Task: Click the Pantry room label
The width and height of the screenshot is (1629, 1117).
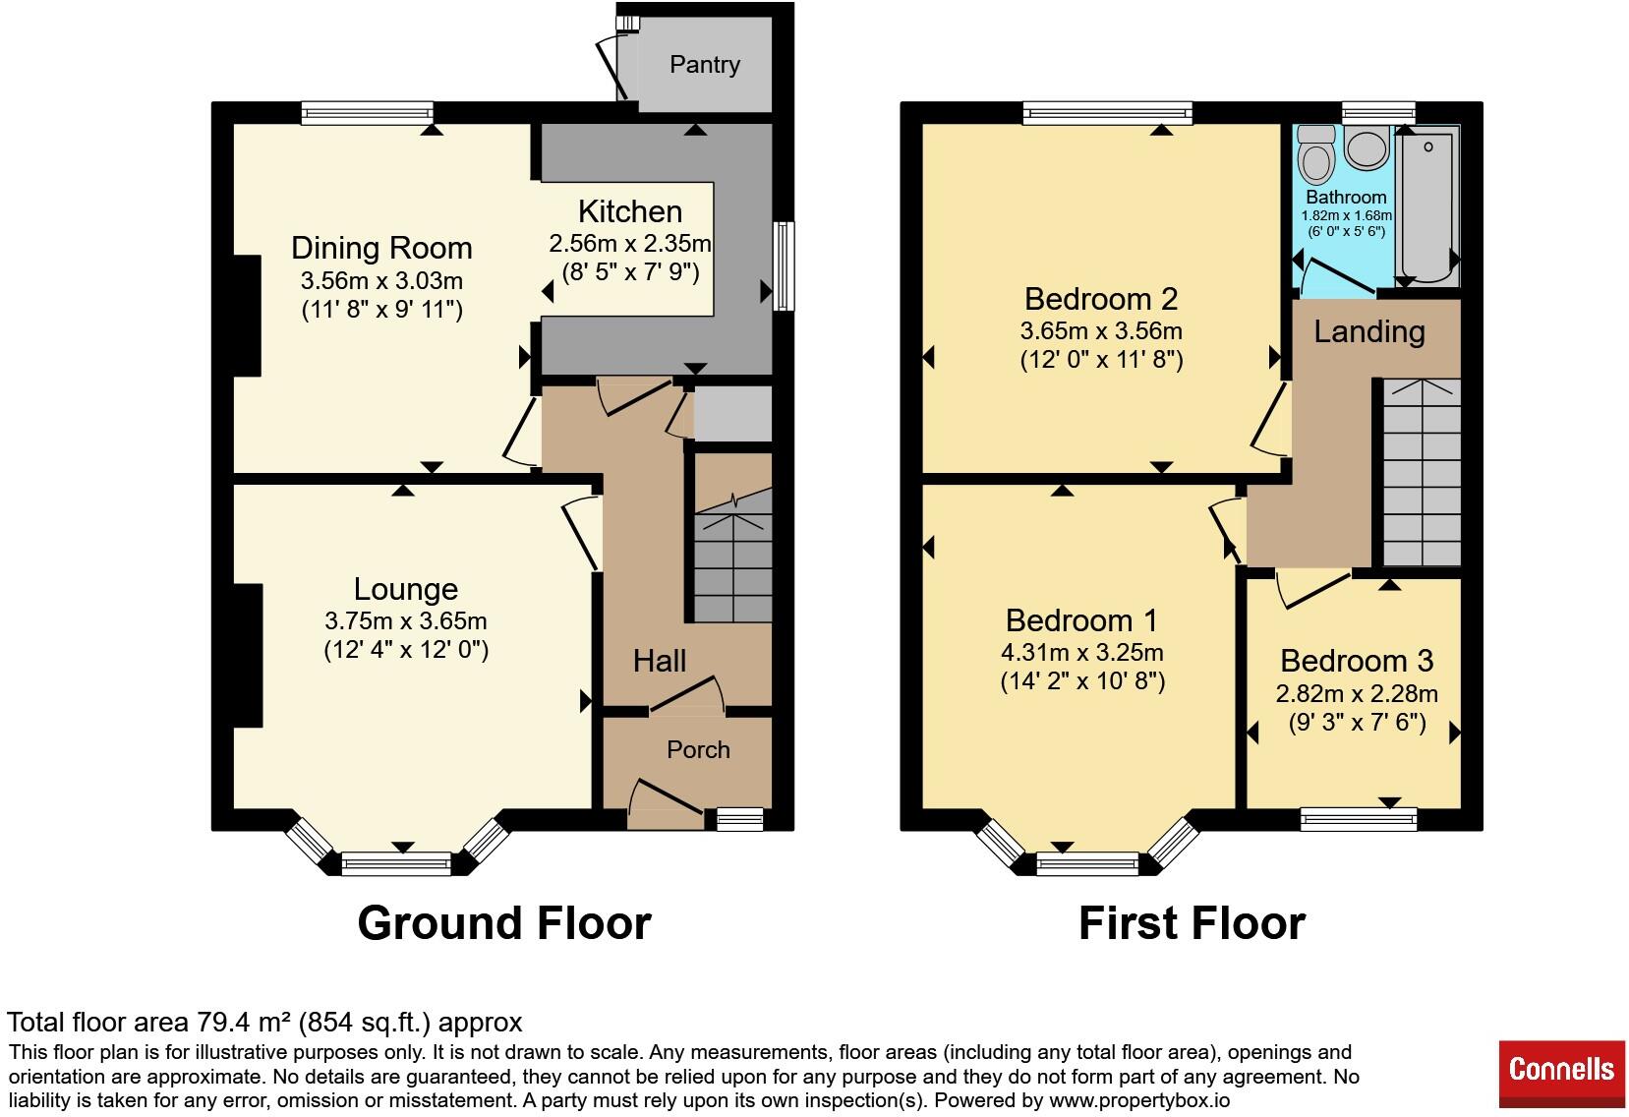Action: click(705, 65)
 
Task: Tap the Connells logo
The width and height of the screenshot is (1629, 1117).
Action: click(1561, 1068)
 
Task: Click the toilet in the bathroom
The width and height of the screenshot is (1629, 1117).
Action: click(1315, 154)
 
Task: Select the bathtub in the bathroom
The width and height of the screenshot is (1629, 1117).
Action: click(1426, 205)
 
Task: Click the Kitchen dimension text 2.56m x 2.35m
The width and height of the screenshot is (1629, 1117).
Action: click(630, 244)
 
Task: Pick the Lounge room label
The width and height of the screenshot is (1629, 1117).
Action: click(406, 589)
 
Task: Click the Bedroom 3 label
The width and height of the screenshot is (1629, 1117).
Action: click(1357, 661)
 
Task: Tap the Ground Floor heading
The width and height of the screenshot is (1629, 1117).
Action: click(504, 923)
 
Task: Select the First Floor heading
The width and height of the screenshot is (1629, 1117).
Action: click(1192, 923)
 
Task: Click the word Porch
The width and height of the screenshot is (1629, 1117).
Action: click(698, 750)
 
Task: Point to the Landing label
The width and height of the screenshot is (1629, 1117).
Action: click(1369, 332)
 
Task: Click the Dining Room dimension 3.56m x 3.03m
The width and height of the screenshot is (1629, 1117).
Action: click(381, 280)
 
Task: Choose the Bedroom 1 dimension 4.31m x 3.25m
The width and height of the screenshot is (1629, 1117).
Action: click(1082, 652)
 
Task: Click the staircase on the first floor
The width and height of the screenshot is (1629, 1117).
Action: click(1422, 472)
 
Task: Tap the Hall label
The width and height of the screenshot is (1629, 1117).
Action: click(660, 661)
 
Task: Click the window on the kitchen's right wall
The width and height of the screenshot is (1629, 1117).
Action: click(784, 266)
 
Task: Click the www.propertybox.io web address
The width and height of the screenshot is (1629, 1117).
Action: click(1139, 1100)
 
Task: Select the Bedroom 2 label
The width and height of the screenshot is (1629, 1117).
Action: click(1101, 299)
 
